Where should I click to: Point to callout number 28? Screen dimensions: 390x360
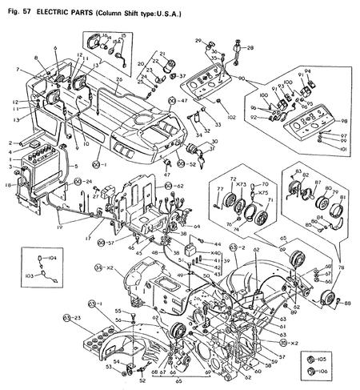250,49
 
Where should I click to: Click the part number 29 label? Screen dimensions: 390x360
198,39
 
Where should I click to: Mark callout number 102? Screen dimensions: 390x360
231,118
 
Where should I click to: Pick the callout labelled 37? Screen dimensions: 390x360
182,77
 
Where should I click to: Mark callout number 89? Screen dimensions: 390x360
348,302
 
